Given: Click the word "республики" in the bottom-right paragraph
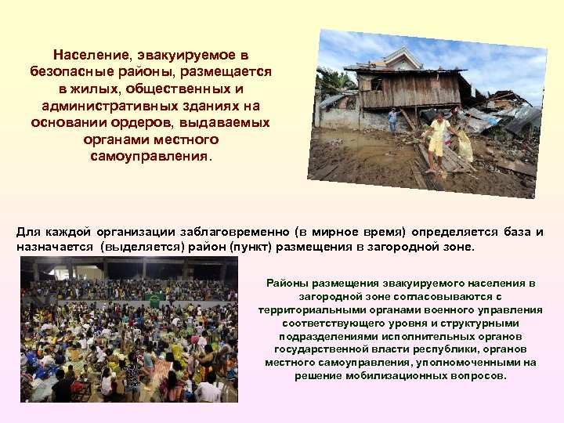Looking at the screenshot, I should tap(456, 349).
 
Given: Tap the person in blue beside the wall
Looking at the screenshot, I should tap(392, 118).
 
